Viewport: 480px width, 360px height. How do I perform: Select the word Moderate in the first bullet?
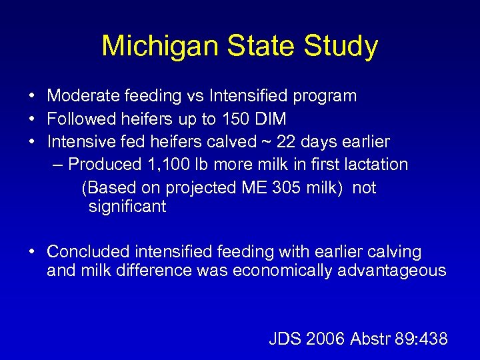[85, 96]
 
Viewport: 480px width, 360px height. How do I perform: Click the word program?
[324, 97]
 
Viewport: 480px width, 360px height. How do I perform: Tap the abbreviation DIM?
[273, 119]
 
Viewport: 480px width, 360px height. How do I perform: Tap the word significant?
[127, 207]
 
